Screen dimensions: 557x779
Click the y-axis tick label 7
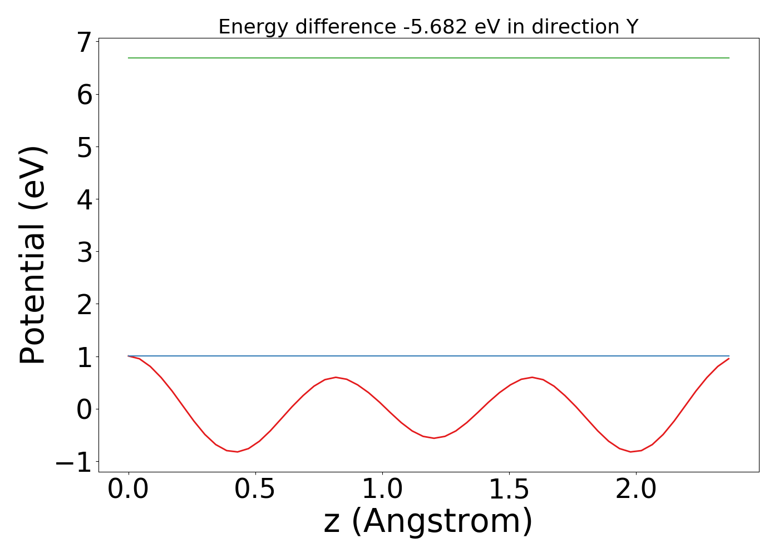pyautogui.click(x=84, y=43)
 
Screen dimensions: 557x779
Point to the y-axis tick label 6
pyautogui.click(x=84, y=95)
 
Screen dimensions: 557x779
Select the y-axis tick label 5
pyautogui.click(x=84, y=148)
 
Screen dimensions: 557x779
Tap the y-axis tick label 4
pyautogui.click(x=84, y=200)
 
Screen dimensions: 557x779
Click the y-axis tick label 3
pyautogui.click(x=84, y=252)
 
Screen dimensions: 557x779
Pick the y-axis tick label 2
pyautogui.click(x=84, y=305)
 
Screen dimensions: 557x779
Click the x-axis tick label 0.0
pyautogui.click(x=129, y=490)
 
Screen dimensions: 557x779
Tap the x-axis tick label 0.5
pyautogui.click(x=255, y=490)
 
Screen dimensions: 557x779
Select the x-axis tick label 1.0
pyautogui.click(x=382, y=490)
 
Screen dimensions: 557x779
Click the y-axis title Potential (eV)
pyautogui.click(x=33, y=255)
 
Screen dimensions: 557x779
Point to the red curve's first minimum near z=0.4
pyautogui.click(x=237, y=452)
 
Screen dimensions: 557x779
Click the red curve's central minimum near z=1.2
pyautogui.click(x=434, y=438)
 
